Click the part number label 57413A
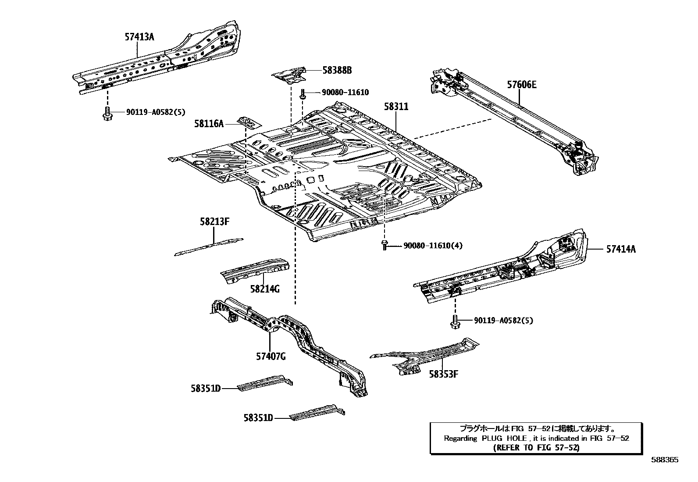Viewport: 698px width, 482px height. click(139, 37)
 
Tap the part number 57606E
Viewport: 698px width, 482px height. click(522, 85)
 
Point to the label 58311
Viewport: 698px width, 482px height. click(396, 107)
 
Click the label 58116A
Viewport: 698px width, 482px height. click(209, 124)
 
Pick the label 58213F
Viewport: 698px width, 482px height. click(215, 222)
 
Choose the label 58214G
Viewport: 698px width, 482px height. click(265, 289)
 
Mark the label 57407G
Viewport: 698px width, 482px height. click(271, 357)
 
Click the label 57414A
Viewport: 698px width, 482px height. click(621, 249)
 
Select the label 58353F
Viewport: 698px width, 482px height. click(443, 374)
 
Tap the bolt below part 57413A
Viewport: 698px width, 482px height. click(107, 113)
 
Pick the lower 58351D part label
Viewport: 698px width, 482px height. click(258, 418)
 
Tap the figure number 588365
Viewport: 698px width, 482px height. click(665, 460)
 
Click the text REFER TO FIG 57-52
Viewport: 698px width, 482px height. click(536, 448)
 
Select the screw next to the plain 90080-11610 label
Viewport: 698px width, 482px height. click(303, 94)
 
